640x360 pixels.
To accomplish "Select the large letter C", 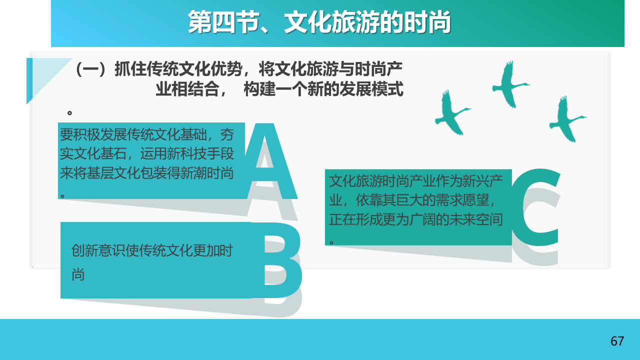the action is point(535,207).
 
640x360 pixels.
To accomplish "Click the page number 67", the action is point(617,341).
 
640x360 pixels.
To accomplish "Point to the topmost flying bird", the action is point(510,84).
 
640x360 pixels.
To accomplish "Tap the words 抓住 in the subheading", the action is point(130,69).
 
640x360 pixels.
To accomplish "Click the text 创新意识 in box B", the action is point(98,250).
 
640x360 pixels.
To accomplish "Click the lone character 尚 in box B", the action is point(78,275).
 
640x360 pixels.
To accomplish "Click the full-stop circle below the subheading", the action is point(69,113).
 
